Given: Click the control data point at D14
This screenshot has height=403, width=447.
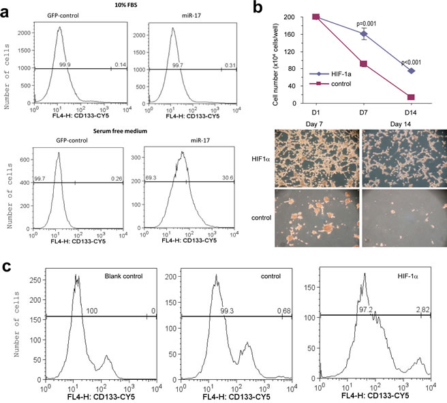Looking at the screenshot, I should (x=411, y=98).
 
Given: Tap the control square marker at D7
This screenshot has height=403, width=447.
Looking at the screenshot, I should (x=364, y=64).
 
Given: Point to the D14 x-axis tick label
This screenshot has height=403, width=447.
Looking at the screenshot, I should (x=411, y=114).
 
